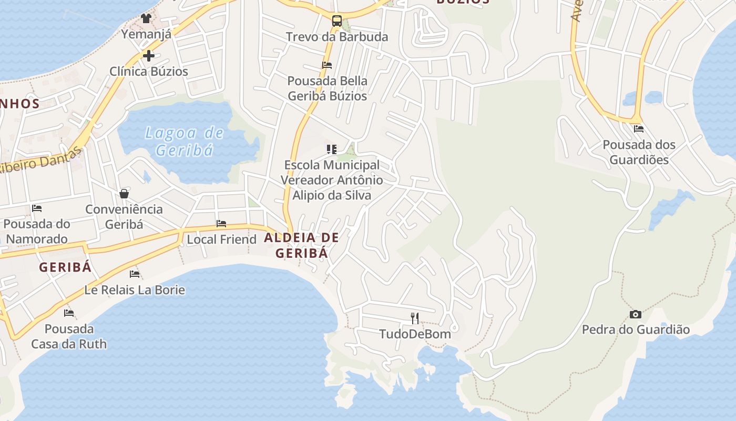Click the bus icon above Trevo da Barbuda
(337, 22)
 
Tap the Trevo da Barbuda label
(337, 37)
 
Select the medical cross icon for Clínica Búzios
(149, 55)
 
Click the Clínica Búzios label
(149, 71)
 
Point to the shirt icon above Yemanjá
(146, 18)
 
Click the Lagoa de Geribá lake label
(184, 142)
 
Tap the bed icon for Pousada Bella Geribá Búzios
(327, 65)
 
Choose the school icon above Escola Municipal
(331, 149)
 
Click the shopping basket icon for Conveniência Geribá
(124, 194)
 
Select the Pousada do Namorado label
(36, 231)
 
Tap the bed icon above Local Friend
(221, 224)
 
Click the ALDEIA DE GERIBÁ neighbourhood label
(302, 245)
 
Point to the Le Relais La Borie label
(135, 289)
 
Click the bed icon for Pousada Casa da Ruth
(69, 313)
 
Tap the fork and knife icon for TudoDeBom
(415, 318)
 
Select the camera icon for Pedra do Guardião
(636, 314)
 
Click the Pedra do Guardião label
(636, 330)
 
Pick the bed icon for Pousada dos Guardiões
(639, 128)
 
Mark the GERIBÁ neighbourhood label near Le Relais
(65, 267)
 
